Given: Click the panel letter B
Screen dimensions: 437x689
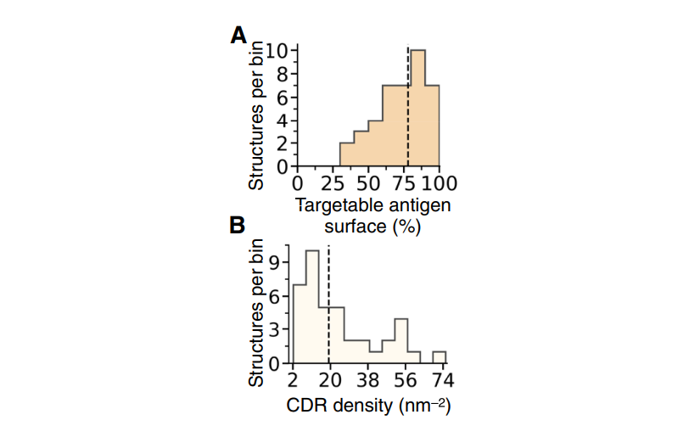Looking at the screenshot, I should tap(238, 227).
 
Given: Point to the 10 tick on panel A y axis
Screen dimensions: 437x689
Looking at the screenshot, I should tap(276, 50).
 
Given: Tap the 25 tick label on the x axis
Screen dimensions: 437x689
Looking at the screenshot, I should tap(333, 183).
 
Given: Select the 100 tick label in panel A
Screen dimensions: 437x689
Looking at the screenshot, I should tap(440, 183).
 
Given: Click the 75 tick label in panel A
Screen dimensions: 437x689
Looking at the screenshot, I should tap(404, 183).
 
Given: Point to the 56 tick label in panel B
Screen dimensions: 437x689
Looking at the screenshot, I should tap(404, 379).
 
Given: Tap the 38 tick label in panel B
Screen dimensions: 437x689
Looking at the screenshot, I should tap(367, 379).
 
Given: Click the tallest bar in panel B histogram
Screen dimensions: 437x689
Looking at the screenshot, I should tap(311, 306).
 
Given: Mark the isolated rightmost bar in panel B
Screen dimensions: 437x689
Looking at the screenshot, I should tap(439, 357).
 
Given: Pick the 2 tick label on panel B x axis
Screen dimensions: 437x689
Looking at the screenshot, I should tap(293, 379).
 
